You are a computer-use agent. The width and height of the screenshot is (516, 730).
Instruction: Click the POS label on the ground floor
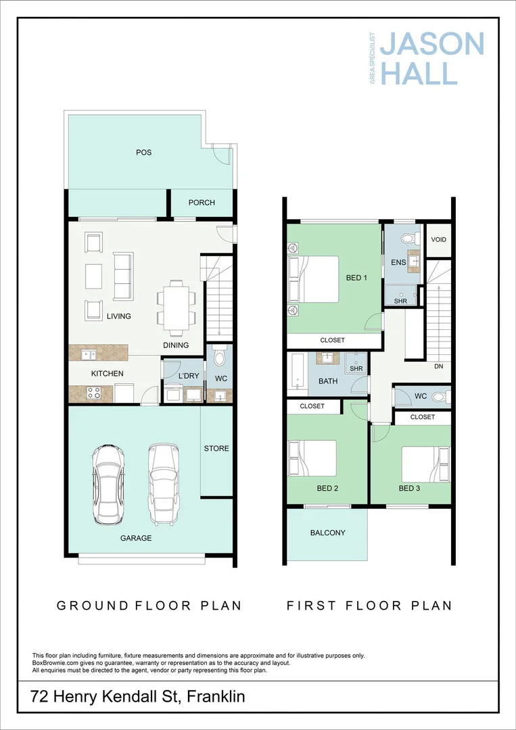point(143,153)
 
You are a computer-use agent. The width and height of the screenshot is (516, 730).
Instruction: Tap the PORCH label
point(202,203)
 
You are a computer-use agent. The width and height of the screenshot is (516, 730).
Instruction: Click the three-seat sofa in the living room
point(123,276)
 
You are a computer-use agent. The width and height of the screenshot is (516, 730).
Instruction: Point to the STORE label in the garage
point(216,449)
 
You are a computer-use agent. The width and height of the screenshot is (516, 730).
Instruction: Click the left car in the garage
point(109,484)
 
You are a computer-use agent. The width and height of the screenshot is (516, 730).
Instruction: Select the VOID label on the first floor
point(438,240)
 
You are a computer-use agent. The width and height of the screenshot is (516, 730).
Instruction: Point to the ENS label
point(398,262)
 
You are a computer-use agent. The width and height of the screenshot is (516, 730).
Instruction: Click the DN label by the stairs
point(438,366)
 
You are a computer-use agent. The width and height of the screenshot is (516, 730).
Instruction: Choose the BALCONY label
point(327,533)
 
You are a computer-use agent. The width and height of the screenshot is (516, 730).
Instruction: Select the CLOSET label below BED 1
point(332,341)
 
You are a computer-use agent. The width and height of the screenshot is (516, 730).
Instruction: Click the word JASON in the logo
point(431,45)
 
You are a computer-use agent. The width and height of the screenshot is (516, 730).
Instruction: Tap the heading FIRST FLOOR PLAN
point(369,606)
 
